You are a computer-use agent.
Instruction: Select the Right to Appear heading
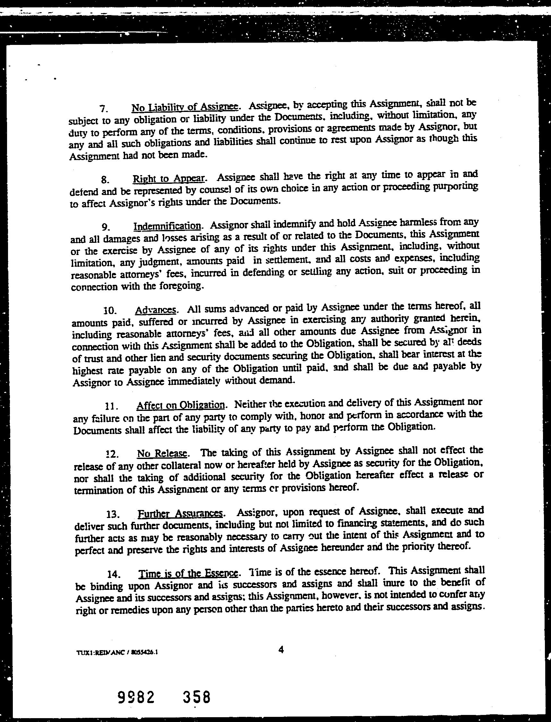(x=169, y=178)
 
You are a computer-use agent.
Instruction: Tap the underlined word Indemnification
(x=167, y=226)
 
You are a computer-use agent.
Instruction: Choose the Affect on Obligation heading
(x=181, y=405)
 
